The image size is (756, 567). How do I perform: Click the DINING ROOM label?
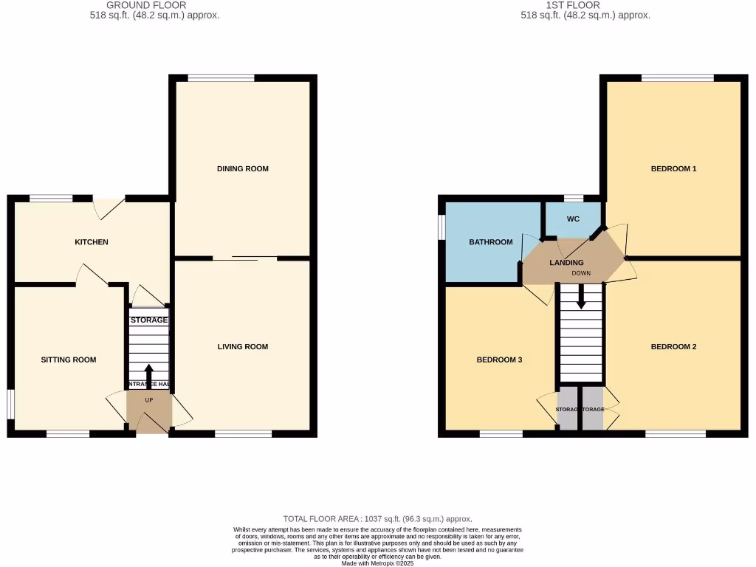point(242,169)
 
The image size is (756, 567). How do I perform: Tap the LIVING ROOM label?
point(242,347)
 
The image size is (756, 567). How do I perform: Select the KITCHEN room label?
point(92,242)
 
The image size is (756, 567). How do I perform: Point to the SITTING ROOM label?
point(69,360)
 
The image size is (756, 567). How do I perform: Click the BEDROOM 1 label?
point(673,169)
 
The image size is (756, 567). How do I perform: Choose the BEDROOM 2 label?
point(673,347)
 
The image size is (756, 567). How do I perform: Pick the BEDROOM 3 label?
point(499,360)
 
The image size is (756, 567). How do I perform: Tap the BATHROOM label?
point(491,242)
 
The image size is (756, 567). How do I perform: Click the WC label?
point(574,220)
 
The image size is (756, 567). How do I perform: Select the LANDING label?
point(567,263)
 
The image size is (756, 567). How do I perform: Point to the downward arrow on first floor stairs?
point(581,297)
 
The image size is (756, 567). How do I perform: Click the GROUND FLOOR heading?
point(146,5)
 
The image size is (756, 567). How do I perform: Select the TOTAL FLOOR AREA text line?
point(377,519)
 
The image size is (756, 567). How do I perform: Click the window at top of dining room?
point(221,78)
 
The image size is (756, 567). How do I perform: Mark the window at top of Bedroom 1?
point(677,78)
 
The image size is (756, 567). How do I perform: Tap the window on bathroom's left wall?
point(441,227)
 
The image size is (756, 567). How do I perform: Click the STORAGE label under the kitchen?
point(149,320)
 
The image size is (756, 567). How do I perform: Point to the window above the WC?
point(574,199)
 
